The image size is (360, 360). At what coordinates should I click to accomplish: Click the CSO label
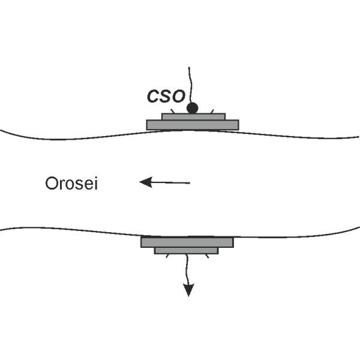166,96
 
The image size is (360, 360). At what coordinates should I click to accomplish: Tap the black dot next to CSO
192,108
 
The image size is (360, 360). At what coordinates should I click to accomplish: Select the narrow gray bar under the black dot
193,116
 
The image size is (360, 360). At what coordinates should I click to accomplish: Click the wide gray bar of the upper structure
193,125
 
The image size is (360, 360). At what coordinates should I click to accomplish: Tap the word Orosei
71,184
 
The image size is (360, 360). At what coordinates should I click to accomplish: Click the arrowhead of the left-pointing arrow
145,182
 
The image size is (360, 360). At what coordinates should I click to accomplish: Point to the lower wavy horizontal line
72,229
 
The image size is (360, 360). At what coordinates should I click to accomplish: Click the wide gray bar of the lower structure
187,242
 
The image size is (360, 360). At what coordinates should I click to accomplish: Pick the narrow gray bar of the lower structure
186,250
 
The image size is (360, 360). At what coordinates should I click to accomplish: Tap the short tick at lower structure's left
166,256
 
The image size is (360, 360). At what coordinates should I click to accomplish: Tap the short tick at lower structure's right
206,256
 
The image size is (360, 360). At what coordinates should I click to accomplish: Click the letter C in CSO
153,96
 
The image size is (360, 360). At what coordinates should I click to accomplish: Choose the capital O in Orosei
50,184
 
